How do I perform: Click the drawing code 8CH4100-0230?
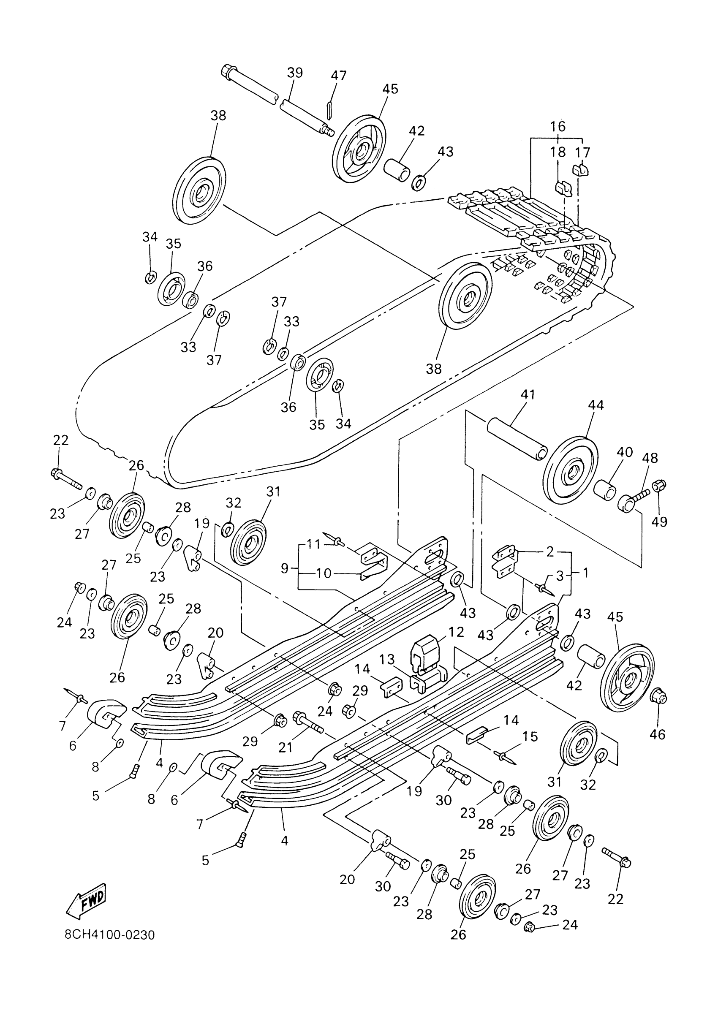point(110,935)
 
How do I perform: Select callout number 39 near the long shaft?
point(295,73)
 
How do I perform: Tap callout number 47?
point(339,75)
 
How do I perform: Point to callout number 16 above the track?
point(558,127)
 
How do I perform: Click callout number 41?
point(528,394)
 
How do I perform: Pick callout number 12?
point(456,632)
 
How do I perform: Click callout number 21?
point(286,747)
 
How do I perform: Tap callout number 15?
point(530,737)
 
